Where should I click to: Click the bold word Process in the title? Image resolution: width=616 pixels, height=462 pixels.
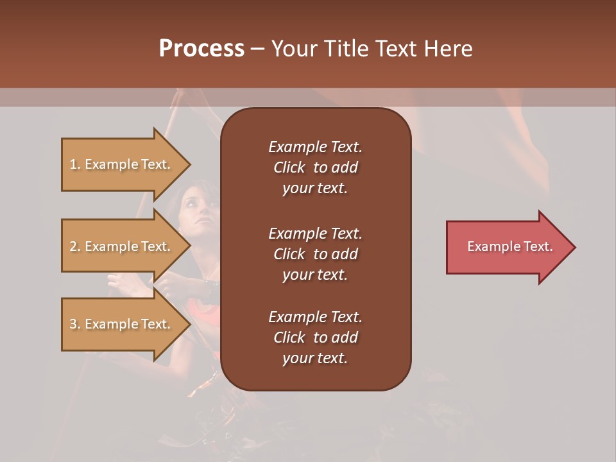201,49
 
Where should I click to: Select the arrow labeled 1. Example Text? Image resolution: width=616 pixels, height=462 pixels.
122,164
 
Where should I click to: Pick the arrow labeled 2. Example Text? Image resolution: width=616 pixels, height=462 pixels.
122,246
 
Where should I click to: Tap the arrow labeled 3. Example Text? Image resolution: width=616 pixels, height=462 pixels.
122,324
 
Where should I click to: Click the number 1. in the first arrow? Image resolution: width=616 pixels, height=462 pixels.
75,165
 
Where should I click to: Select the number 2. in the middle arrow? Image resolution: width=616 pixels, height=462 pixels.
75,247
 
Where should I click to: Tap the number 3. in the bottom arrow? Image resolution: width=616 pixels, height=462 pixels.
75,325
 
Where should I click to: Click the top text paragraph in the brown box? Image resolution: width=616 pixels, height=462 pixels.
315,167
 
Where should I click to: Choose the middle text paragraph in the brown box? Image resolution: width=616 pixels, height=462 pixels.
315,254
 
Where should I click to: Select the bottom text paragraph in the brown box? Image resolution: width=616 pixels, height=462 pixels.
315,338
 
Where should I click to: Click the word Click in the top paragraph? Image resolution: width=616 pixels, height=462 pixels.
289,167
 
